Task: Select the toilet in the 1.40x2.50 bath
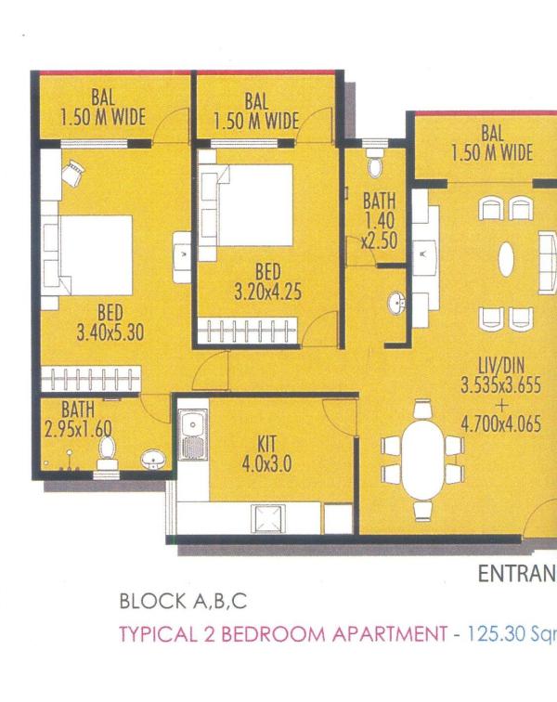click(x=375, y=165)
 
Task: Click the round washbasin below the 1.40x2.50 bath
click(x=395, y=303)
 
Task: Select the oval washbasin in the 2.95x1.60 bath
click(x=151, y=458)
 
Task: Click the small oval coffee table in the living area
click(x=507, y=260)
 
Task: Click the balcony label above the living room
click(x=492, y=144)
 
